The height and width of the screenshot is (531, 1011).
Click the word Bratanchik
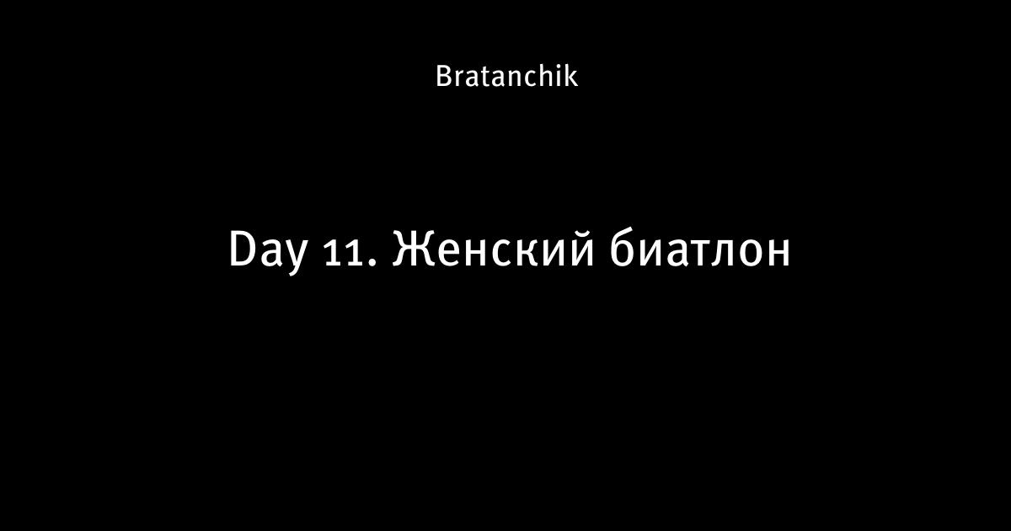pos(506,76)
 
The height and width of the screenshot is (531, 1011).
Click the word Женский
pos(494,249)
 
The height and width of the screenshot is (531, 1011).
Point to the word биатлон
pos(700,249)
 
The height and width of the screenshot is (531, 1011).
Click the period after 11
pos(372,263)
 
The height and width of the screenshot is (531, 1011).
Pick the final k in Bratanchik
pos(571,75)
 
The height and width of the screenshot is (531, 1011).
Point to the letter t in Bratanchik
pos(479,78)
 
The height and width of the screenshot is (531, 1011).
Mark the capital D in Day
pos(244,249)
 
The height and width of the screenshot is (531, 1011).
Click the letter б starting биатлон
pos(623,249)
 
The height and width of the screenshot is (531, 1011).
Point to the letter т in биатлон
pos(698,254)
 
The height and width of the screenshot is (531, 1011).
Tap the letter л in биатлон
pos(725,254)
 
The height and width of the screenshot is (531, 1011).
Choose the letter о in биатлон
pos(751,254)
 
